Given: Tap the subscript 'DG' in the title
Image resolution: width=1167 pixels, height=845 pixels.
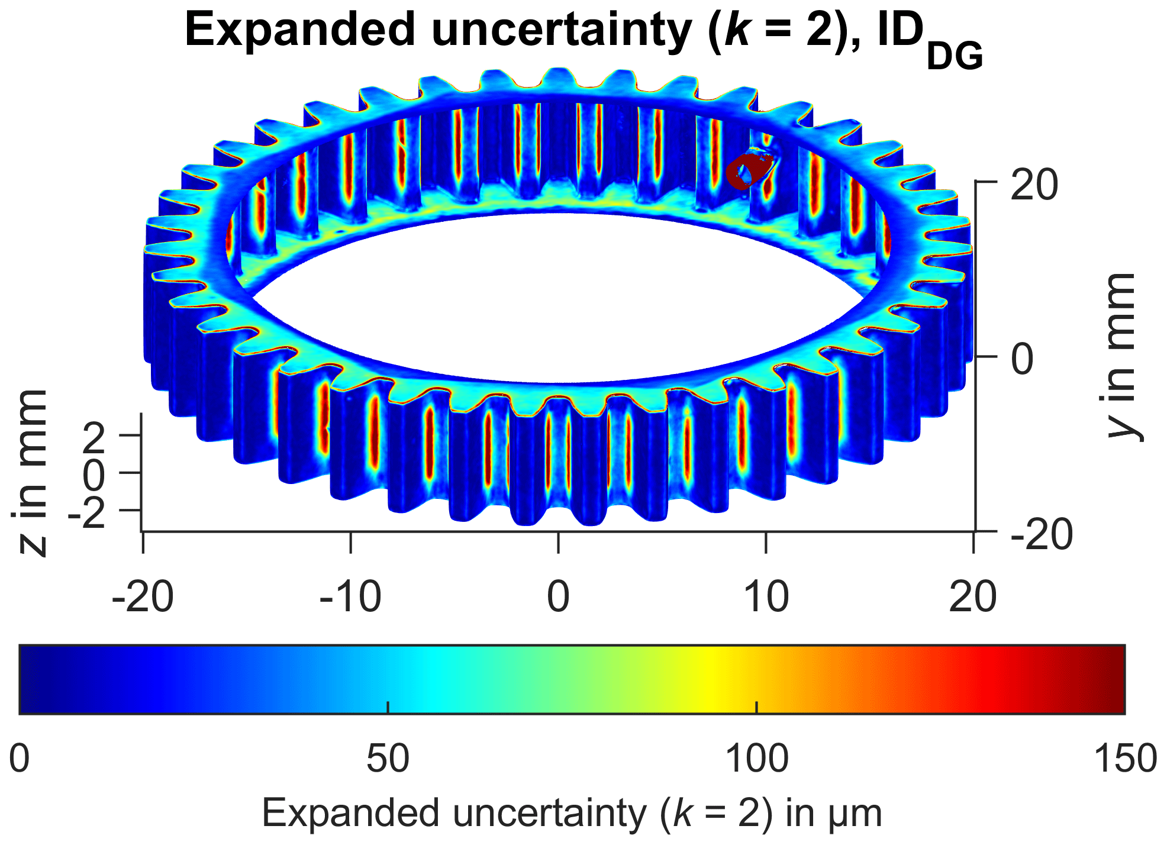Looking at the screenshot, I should (x=955, y=57).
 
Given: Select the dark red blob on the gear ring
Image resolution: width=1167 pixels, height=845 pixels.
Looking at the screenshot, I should (x=747, y=170).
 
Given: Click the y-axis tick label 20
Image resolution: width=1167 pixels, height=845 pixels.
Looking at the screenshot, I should (x=1034, y=185).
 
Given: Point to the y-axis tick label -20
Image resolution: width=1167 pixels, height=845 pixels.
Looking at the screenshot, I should (x=1042, y=534).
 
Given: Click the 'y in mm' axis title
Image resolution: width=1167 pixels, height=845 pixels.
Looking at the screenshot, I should (x=1121, y=357).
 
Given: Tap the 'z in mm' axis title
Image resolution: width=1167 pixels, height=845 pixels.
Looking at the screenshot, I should (x=30, y=472).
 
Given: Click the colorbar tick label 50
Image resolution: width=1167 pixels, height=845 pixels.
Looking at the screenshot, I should (x=388, y=758).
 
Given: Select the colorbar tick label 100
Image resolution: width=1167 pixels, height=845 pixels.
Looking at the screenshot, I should (x=757, y=758).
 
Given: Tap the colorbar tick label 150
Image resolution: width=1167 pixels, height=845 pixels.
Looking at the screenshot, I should (x=1125, y=758).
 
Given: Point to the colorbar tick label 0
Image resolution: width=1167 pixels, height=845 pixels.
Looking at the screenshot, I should (x=20, y=758).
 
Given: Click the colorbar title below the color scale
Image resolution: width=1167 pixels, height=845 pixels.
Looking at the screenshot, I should (x=572, y=814).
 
